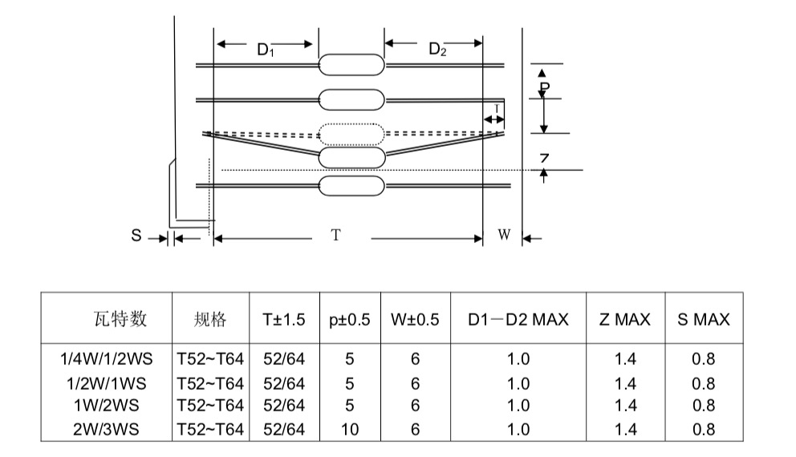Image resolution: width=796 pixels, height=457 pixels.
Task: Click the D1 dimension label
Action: coord(266,50)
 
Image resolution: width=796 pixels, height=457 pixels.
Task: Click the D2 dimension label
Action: coord(437,49)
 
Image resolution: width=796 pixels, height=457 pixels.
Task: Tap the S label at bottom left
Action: coord(136,236)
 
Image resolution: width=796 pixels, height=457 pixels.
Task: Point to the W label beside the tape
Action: coord(504,234)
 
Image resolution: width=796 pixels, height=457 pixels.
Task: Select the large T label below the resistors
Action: coord(335,235)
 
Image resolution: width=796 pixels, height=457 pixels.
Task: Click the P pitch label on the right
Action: coord(544,88)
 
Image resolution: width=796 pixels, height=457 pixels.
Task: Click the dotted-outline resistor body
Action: coord(351,134)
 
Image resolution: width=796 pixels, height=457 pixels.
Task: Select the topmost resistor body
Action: coord(351,65)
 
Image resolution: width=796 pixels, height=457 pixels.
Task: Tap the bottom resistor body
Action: coord(351,186)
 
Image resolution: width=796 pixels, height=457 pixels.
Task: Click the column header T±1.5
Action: coord(284,320)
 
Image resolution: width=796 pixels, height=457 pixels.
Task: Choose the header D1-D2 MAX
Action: coord(518,320)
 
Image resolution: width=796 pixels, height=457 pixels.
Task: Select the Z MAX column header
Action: coord(625,320)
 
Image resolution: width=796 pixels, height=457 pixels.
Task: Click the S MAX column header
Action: coord(704,320)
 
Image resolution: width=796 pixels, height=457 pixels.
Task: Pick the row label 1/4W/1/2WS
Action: coord(106,359)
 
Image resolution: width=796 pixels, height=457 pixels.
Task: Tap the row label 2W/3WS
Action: coord(106,430)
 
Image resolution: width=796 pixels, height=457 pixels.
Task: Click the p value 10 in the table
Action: coord(350,430)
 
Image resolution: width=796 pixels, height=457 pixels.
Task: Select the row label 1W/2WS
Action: coord(106,406)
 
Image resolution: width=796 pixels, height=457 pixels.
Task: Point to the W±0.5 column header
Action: coord(415,320)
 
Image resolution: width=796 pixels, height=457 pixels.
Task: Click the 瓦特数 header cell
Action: coord(120,319)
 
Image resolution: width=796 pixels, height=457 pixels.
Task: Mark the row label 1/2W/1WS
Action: coord(106,383)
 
